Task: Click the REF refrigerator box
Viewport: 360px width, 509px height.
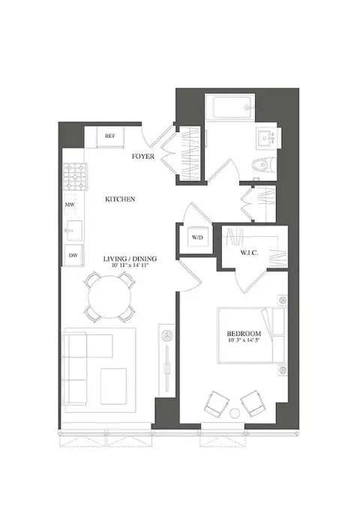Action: [110, 136]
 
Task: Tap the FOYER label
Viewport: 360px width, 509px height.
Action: [142, 157]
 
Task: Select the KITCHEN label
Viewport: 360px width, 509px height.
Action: [120, 199]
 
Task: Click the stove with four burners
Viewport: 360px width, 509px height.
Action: [73, 179]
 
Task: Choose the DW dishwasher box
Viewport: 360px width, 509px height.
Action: [73, 255]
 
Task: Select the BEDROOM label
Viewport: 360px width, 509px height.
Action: [244, 334]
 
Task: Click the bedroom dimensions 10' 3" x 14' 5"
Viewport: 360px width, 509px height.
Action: [244, 342]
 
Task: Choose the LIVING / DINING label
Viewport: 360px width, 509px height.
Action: [130, 258]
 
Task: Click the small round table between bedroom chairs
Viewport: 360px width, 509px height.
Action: [237, 412]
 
